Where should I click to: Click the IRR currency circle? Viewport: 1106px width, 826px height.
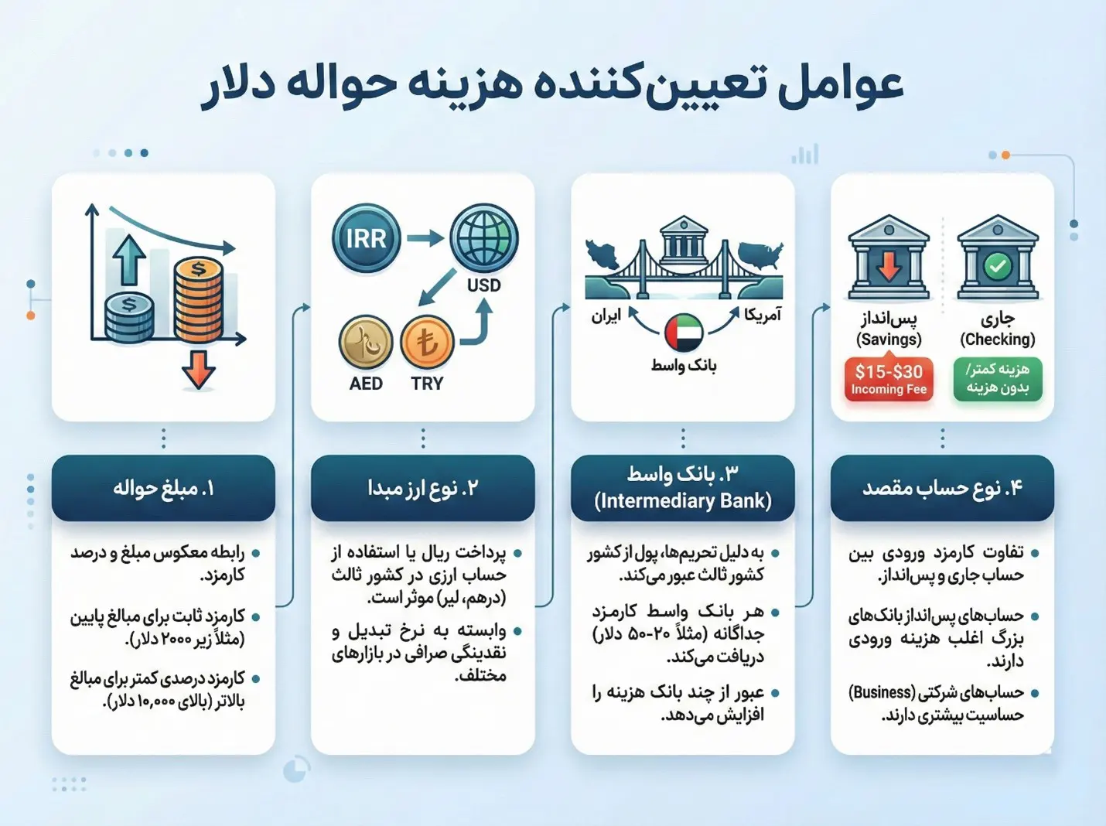tap(366, 238)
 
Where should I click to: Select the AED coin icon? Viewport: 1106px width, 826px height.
tap(366, 343)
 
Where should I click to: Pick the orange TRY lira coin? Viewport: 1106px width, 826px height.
tap(427, 343)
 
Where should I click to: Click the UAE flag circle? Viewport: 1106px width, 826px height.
tap(684, 333)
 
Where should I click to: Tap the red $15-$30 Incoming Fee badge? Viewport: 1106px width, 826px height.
tap(889, 379)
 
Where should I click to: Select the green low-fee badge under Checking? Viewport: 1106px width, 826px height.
tap(998, 379)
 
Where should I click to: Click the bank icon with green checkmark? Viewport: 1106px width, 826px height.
tap(998, 258)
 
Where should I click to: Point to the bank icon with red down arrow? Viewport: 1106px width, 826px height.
tap(889, 258)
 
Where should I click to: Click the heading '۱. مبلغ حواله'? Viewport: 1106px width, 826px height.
tap(163, 488)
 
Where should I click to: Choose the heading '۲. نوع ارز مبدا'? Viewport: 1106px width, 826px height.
tap(422, 488)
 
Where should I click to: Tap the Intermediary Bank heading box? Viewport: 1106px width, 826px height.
tap(682, 488)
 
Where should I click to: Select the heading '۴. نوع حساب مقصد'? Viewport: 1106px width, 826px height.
tap(942, 488)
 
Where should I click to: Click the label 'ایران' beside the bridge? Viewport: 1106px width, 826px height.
tap(606, 316)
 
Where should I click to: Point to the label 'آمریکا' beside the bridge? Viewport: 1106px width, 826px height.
tap(763, 315)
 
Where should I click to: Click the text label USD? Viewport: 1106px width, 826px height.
tap(484, 285)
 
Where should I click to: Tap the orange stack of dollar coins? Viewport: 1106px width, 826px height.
tap(198, 300)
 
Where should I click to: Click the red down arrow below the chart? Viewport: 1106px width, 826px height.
tap(199, 370)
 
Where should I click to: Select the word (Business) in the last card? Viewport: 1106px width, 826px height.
tap(881, 692)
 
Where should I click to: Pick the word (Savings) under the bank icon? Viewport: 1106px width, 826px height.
tap(889, 340)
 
